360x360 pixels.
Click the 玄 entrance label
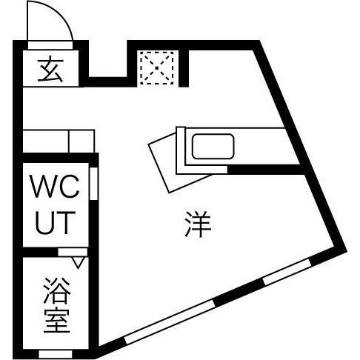(50, 69)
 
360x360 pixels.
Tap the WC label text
(55, 187)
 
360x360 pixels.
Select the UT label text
(56, 223)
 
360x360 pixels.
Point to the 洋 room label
(198, 224)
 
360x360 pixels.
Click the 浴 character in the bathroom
(57, 290)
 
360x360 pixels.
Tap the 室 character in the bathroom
(57, 320)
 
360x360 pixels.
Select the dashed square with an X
(158, 68)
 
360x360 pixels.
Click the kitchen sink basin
(213, 146)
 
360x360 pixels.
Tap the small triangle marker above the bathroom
(79, 263)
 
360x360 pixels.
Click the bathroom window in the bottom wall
(56, 354)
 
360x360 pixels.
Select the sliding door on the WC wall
(93, 184)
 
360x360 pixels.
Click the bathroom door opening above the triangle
(73, 252)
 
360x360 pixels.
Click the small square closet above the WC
(81, 141)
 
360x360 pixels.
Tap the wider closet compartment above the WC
(46, 141)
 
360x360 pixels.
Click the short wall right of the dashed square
(184, 68)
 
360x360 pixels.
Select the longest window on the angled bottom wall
(170, 321)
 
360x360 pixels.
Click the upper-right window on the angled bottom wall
(287, 271)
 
